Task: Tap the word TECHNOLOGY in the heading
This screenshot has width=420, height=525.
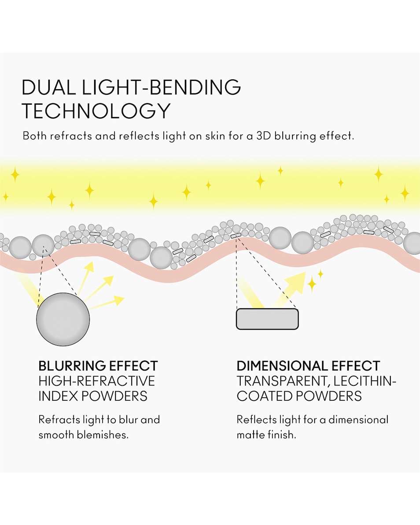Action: (96, 111)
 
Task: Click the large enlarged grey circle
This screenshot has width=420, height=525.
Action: (63, 319)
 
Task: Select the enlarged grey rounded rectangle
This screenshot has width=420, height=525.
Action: (267, 319)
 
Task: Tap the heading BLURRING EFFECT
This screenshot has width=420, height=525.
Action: (98, 366)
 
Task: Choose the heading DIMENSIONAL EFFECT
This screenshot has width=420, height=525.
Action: (308, 366)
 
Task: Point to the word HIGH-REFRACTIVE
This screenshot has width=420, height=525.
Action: (96, 381)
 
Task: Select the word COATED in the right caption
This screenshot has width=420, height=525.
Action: (263, 396)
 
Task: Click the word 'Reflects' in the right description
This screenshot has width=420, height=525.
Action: (256, 419)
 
